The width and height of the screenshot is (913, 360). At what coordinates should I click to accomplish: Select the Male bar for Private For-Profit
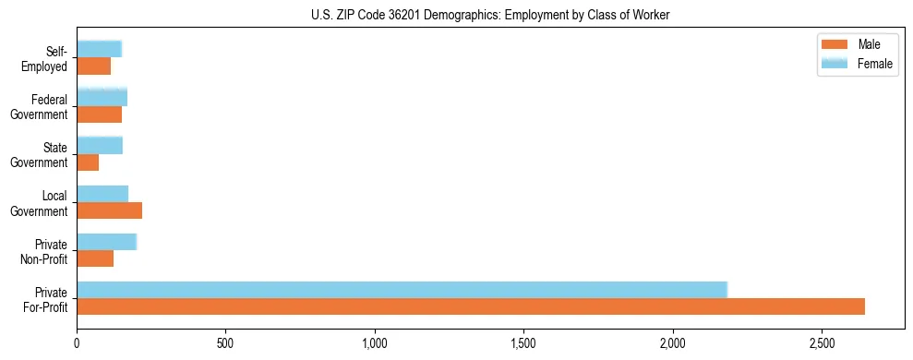(x=471, y=306)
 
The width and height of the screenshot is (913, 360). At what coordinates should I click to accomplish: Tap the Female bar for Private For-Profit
(x=402, y=289)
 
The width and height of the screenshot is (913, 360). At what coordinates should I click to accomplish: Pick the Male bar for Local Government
(x=109, y=210)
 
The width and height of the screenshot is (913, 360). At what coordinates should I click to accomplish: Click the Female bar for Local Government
(x=102, y=193)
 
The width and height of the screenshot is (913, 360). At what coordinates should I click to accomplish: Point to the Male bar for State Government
(x=88, y=162)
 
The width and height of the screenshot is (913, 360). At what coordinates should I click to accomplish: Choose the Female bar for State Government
(x=100, y=145)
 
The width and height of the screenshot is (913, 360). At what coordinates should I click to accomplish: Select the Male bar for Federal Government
(x=99, y=114)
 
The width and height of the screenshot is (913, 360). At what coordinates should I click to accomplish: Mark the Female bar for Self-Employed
(x=99, y=49)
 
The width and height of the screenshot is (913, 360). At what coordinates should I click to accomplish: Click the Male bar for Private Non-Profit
(x=95, y=258)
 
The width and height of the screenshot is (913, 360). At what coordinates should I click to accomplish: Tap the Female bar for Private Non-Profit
(x=106, y=241)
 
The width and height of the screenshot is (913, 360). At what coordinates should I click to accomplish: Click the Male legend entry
(x=855, y=45)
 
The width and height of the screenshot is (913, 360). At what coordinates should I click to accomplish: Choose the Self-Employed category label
(x=49, y=58)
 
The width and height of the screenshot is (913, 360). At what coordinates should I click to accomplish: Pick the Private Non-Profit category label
(x=46, y=250)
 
